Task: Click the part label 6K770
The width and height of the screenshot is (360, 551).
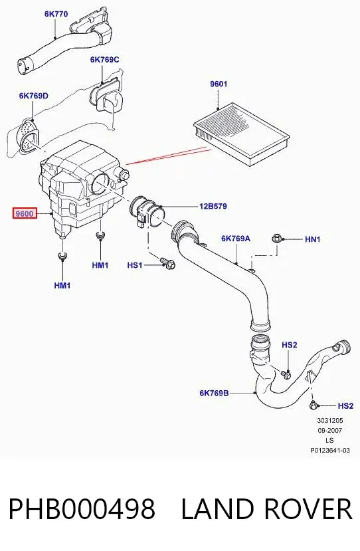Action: coord(56,14)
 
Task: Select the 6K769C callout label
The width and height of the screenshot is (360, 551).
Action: coord(105,59)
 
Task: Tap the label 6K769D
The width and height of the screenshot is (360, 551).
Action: coord(34,96)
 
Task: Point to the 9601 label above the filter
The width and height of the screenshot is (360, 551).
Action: coord(219,84)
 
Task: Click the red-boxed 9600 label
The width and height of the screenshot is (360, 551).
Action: coord(25,213)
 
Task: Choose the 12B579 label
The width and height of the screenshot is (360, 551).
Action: coord(213,206)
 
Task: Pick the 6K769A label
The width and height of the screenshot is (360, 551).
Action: coord(236,239)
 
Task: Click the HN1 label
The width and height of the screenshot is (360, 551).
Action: coord(313,239)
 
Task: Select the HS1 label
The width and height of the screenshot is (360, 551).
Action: coord(135,265)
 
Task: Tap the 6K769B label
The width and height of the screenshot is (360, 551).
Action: coord(215,393)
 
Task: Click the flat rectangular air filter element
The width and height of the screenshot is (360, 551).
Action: coord(242,134)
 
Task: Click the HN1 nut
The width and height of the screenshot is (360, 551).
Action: coord(276,239)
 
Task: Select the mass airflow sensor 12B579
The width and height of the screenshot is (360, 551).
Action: coord(147,213)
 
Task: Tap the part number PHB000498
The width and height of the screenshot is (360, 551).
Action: coord(82,508)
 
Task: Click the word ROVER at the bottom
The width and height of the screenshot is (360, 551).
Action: coord(308,508)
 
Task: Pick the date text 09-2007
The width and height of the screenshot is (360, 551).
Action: coord(330,431)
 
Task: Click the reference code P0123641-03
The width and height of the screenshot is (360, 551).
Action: coord(330,450)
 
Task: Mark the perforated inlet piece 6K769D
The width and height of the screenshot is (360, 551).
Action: coord(28,135)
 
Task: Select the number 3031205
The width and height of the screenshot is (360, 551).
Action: coord(330,420)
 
